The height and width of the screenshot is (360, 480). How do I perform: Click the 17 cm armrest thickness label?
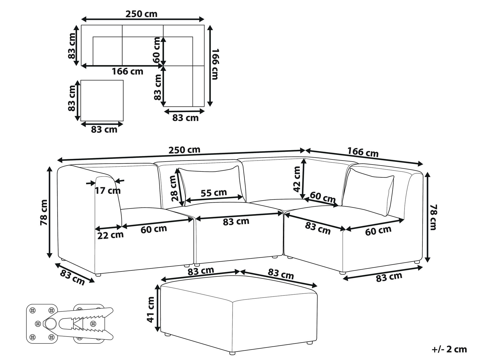pos(108,190)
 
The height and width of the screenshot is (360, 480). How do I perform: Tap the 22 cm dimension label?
pos(110,235)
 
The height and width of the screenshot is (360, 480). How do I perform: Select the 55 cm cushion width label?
pos(214,193)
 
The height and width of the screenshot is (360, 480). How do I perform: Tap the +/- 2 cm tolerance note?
pos(449,349)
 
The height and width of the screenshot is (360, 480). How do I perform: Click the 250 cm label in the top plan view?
pos(141,14)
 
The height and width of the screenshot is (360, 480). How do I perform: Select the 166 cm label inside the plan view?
pos(127,71)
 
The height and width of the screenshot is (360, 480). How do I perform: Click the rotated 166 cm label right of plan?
pos(215,64)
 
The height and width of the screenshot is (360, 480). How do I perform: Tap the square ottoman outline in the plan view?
pos(102,100)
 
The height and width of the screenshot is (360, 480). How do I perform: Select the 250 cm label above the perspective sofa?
pos(184,150)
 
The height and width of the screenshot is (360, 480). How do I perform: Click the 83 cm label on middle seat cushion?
pos(236,221)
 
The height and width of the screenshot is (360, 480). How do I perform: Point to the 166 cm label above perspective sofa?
pos(363,153)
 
